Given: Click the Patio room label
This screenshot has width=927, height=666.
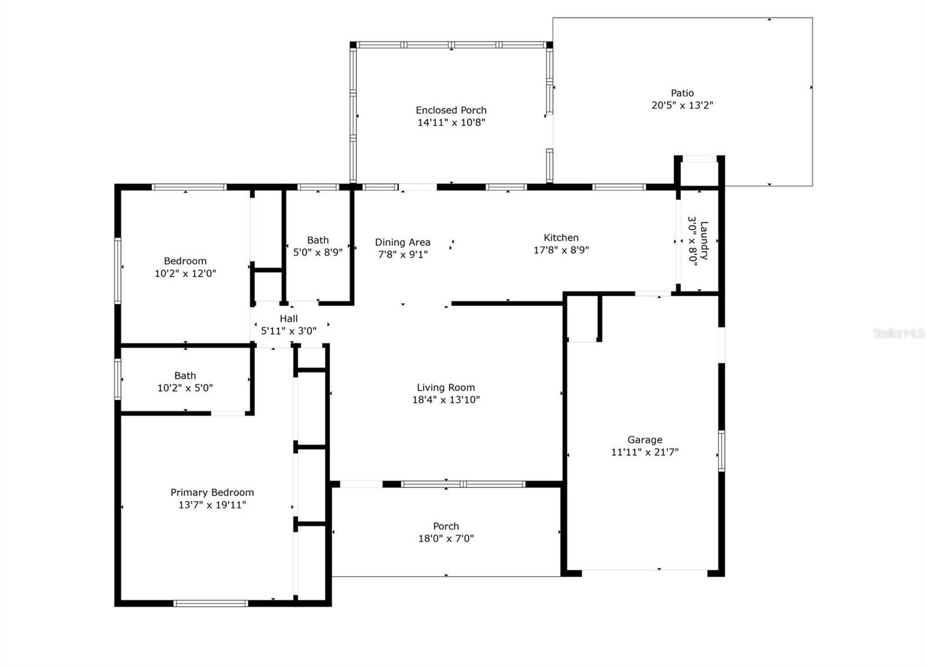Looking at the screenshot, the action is pyautogui.click(x=682, y=93).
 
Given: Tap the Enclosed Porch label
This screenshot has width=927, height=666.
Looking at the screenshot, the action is pyautogui.click(x=451, y=110).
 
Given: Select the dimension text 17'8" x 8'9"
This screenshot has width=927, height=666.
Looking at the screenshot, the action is pyautogui.click(x=561, y=250).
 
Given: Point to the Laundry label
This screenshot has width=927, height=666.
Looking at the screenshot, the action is pyautogui.click(x=704, y=241).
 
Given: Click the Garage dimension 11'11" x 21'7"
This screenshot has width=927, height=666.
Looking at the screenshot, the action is pyautogui.click(x=645, y=452).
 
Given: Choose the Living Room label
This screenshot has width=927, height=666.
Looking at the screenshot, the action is pyautogui.click(x=446, y=387).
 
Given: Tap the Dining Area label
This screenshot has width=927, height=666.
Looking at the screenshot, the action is pyautogui.click(x=403, y=242).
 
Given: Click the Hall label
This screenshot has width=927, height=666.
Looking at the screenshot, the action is pyautogui.click(x=289, y=319).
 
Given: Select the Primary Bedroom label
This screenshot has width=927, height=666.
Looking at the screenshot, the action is pyautogui.click(x=212, y=493).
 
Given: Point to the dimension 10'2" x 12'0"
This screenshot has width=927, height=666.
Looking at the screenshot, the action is pyautogui.click(x=185, y=274).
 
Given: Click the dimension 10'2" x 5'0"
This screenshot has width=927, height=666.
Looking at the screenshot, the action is pyautogui.click(x=185, y=388).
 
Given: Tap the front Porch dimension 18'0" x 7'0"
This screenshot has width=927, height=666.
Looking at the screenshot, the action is pyautogui.click(x=446, y=538).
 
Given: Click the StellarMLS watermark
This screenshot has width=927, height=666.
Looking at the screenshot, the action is pyautogui.click(x=898, y=333).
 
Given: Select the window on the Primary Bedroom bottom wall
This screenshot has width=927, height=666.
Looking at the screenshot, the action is pyautogui.click(x=211, y=603).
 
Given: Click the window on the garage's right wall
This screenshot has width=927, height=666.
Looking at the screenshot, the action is pyautogui.click(x=721, y=451).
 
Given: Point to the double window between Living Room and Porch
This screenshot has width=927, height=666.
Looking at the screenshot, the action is pyautogui.click(x=463, y=484).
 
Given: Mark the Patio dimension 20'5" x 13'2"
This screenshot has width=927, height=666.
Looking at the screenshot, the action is pyautogui.click(x=683, y=105).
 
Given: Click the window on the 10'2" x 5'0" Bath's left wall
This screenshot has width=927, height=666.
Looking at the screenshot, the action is pyautogui.click(x=118, y=380).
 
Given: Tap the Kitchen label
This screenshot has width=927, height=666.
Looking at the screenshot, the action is pyautogui.click(x=561, y=238).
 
